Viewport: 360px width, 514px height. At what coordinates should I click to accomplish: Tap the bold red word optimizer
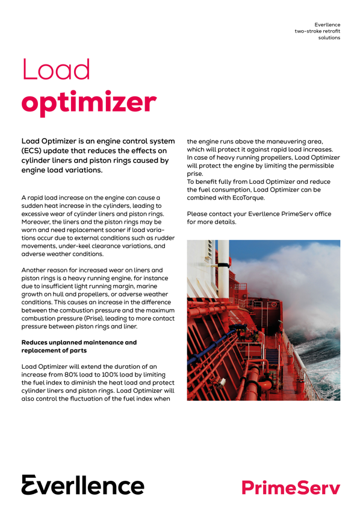click(89, 103)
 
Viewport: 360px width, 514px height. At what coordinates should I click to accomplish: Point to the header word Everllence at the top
click(326, 22)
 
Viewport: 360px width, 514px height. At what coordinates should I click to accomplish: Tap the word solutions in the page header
click(329, 37)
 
